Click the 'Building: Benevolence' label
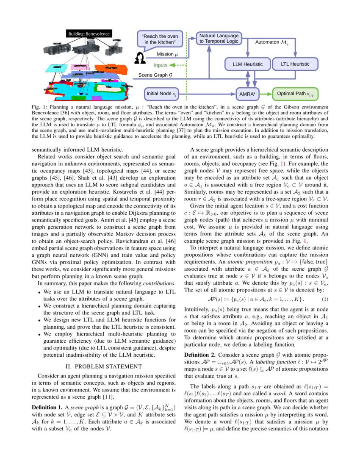(89, 34)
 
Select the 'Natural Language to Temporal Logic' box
(219, 39)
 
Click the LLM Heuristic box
(248, 64)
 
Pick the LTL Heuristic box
(295, 64)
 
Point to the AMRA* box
(247, 93)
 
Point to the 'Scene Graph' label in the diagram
(155, 75)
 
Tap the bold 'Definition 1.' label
(47, 408)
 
